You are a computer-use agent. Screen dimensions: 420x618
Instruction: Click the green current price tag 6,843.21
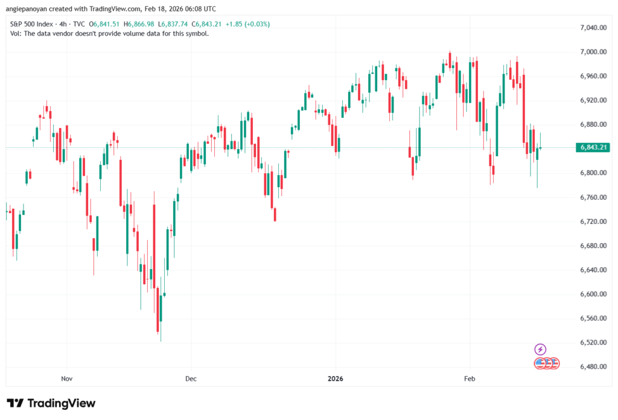593,147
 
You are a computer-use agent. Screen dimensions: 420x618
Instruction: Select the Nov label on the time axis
66,379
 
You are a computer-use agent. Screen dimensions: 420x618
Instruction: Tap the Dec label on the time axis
191,379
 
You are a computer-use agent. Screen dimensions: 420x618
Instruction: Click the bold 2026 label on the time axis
335,379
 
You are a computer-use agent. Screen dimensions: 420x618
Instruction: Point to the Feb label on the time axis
470,379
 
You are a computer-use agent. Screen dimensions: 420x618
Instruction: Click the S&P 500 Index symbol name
31,24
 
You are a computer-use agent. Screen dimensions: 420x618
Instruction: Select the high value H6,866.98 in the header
139,24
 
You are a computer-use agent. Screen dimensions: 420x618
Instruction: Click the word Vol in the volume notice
15,34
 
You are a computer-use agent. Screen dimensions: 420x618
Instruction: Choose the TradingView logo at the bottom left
51,403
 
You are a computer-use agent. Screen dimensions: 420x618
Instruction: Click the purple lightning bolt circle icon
541,349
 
